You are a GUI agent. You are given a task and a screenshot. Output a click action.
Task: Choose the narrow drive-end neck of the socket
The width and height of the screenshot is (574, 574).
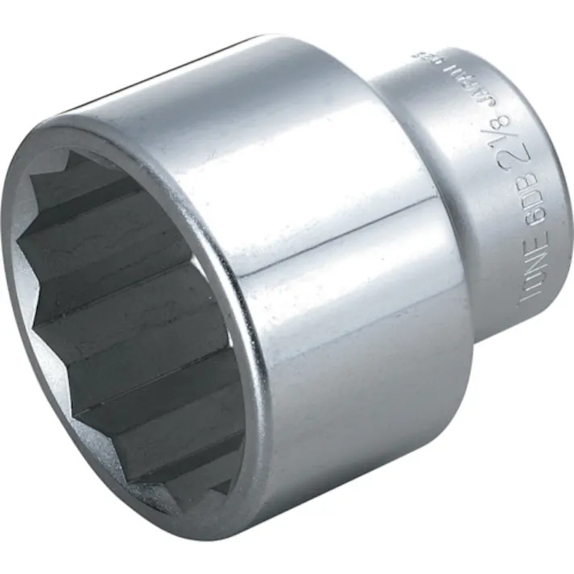499,201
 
